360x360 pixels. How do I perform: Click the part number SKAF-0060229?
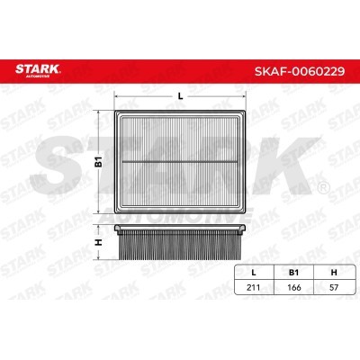[300, 71]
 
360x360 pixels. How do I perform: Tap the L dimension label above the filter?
[180, 96]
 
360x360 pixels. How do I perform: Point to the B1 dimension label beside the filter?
[99, 161]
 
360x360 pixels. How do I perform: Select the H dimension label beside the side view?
[98, 242]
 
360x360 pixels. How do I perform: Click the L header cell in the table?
[254, 273]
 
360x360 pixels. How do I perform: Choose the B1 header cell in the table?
[293, 273]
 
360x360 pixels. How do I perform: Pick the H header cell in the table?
[334, 273]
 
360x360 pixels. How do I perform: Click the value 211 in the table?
[254, 287]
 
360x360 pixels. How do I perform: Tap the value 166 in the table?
[294, 287]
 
